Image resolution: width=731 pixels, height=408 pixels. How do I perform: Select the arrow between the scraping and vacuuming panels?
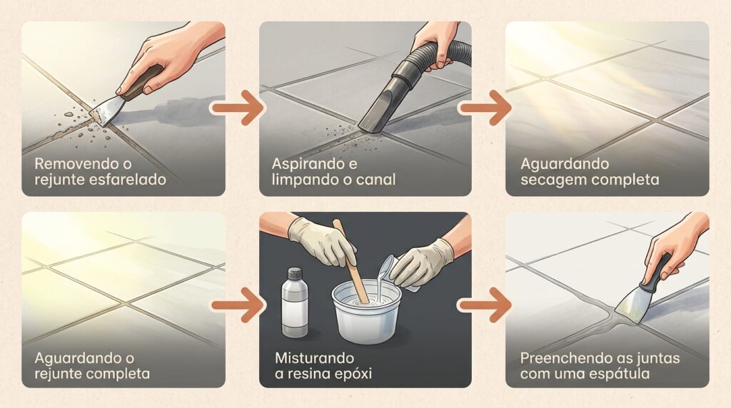point(237,108)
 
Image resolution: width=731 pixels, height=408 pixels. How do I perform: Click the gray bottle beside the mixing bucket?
point(295,302)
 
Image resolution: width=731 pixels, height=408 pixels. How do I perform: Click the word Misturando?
point(314,358)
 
